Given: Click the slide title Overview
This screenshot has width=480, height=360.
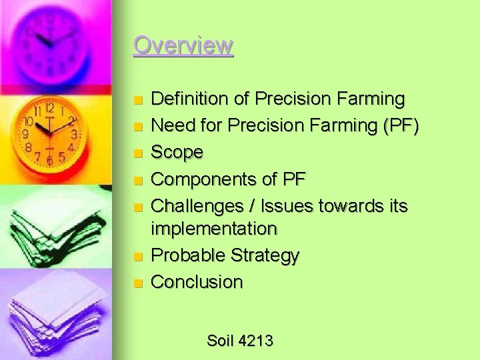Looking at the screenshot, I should [183, 45].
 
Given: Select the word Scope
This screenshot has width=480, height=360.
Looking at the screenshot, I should [177, 153].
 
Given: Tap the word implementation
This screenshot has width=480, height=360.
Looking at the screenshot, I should [213, 229].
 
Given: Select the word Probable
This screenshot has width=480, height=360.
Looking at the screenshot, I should [188, 255].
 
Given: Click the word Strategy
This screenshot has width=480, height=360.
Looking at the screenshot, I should [265, 255].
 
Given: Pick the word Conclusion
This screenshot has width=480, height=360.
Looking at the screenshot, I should [197, 282].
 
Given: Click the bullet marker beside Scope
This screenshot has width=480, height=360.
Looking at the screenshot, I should [137, 154].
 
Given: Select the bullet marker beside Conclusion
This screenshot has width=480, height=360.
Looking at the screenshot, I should [137, 283].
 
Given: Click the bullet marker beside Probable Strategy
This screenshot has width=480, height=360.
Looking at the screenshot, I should [137, 257].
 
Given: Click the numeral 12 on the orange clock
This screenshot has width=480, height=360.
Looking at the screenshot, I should [50, 108].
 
